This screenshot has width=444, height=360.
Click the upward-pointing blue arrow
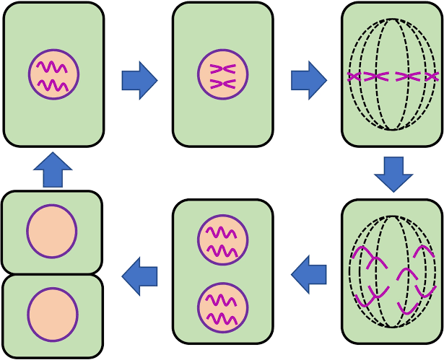click(53, 170)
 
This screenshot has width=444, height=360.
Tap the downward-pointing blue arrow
click(393, 174)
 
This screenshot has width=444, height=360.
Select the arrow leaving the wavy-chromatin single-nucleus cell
click(139, 80)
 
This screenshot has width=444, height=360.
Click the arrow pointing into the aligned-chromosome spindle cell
click(309, 80)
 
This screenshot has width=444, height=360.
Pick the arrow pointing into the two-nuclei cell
click(308, 275)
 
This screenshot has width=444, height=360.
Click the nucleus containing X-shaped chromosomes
click(223, 74)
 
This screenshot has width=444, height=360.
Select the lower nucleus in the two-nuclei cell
click(223, 307)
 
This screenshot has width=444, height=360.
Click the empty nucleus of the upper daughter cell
click(52, 231)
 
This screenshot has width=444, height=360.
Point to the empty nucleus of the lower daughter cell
click(52, 315)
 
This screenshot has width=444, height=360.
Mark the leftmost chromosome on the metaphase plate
click(354, 76)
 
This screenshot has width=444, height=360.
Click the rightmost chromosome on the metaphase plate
click(432, 76)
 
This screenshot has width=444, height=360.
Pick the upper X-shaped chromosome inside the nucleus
click(223, 69)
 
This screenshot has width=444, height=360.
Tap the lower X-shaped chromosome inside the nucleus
click(223, 84)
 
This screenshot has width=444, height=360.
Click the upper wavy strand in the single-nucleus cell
click(53, 67)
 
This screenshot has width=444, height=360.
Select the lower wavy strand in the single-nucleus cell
click(53, 84)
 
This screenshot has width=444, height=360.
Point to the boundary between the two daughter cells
click(52, 274)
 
